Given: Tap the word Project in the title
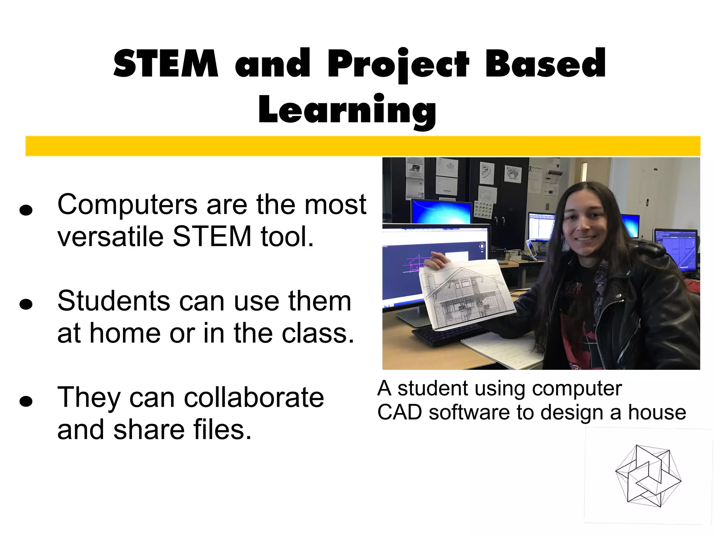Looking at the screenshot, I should coord(398,64).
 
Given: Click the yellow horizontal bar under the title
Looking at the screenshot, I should coord(362,146).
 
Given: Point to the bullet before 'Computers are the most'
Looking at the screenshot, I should coord(26,210).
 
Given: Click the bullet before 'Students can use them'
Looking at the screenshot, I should coord(26,304).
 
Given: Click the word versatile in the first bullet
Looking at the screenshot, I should coord(110,237).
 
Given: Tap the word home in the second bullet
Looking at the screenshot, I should coord(125,333).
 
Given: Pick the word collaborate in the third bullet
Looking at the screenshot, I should coord(254,398).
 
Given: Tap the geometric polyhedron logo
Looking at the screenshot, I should coord(648,476).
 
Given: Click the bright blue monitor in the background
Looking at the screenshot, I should coord(441,212).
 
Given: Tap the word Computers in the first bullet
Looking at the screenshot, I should coord(127,205).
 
